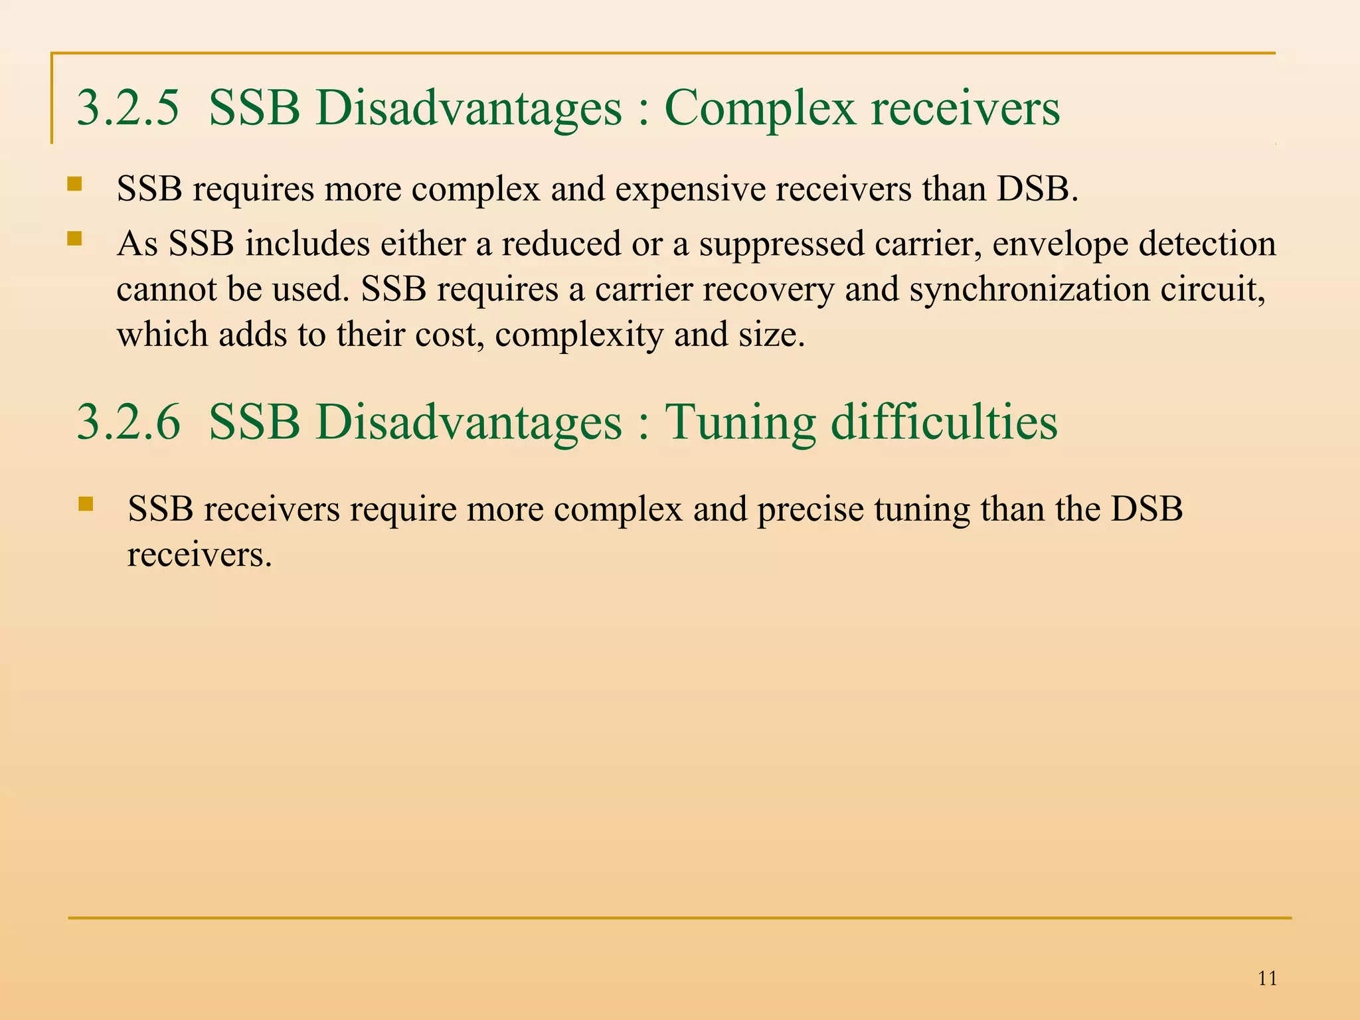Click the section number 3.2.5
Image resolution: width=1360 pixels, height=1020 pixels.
[x=127, y=108]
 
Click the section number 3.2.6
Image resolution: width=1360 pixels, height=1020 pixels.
[x=127, y=422]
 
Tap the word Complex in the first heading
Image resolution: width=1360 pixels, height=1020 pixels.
[x=759, y=109]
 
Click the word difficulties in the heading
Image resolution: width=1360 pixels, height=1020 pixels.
[x=944, y=422]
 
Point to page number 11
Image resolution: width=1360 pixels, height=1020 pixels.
[x=1267, y=978]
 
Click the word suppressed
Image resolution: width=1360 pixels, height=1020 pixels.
[x=781, y=244]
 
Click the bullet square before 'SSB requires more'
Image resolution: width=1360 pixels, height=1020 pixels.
[x=74, y=183]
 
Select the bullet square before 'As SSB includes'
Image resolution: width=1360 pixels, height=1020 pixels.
[x=74, y=238]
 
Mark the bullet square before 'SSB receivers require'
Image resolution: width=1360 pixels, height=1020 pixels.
[x=85, y=504]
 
